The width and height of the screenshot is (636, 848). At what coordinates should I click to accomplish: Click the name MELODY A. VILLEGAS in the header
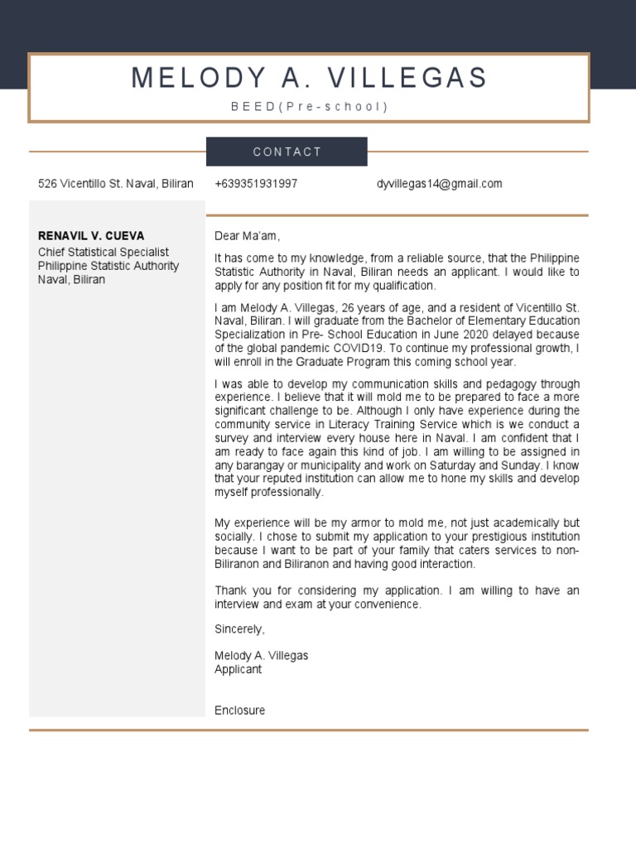coord(309,78)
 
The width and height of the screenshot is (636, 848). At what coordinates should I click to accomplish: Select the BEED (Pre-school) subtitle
coord(309,107)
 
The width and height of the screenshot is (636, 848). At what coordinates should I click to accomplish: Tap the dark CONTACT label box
coord(287,152)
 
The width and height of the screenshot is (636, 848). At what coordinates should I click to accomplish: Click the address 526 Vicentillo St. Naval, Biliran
coord(116,184)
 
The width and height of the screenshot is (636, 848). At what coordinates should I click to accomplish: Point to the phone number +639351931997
coord(256,184)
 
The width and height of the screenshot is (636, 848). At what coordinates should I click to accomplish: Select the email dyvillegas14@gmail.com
coord(439,184)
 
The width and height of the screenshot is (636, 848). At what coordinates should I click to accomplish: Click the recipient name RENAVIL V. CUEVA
coord(91,236)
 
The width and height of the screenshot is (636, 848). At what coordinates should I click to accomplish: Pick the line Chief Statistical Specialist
coord(104,252)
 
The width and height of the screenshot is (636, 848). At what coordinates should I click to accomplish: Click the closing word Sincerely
coord(238,629)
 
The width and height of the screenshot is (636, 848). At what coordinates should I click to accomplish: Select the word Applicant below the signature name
coord(238,669)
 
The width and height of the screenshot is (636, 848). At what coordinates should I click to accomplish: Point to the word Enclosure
coord(239,711)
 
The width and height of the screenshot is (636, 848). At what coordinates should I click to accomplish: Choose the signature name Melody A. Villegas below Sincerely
coord(261,656)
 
